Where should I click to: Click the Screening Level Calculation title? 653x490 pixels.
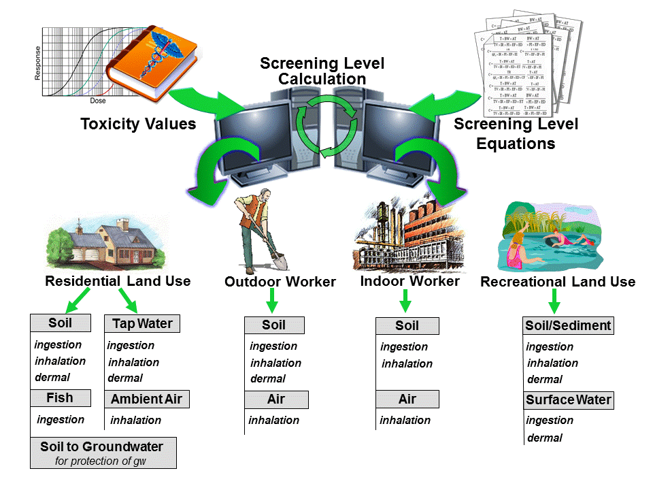pyautogui.click(x=322, y=71)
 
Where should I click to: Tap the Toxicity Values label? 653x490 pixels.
pyautogui.click(x=138, y=124)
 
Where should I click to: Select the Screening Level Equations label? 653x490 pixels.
pyautogui.click(x=516, y=133)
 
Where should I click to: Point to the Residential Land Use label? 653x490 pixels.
pyautogui.click(x=118, y=281)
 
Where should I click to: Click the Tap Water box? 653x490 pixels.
pyautogui.click(x=142, y=323)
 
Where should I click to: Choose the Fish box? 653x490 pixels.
pyautogui.click(x=60, y=398)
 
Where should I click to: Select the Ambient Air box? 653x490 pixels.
pyautogui.click(x=146, y=399)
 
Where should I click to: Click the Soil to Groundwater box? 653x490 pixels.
pyautogui.click(x=103, y=453)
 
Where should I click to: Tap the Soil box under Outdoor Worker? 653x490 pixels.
pyautogui.click(x=274, y=325)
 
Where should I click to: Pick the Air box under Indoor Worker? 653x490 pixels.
pyautogui.click(x=407, y=399)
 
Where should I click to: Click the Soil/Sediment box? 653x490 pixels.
pyautogui.click(x=568, y=325)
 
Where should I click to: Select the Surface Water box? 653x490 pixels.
pyautogui.click(x=569, y=400)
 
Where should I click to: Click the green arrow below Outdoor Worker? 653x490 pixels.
pyautogui.click(x=272, y=300)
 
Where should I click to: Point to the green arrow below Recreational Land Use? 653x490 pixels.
pyautogui.click(x=554, y=300)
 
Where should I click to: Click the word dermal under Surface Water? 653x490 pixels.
pyautogui.click(x=544, y=438)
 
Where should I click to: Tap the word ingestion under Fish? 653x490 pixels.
pyautogui.click(x=61, y=419)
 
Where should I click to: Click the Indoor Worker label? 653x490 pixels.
pyautogui.click(x=409, y=281)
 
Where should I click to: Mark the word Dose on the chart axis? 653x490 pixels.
pyautogui.click(x=98, y=100)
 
